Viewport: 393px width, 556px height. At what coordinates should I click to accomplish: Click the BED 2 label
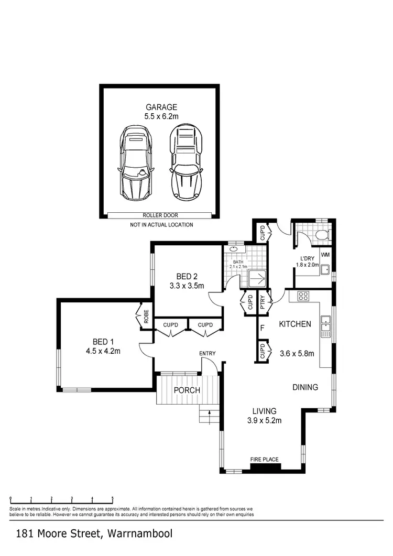[x=186, y=277]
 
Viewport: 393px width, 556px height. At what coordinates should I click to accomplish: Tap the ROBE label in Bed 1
[x=147, y=316]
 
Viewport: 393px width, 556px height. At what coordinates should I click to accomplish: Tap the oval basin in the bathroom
[x=233, y=249]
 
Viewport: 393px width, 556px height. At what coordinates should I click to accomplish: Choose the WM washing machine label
[x=325, y=255]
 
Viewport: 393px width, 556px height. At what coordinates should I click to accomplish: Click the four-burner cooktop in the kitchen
[x=303, y=296]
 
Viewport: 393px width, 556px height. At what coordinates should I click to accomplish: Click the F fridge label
[x=262, y=329]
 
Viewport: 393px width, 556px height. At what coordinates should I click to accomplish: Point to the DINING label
[x=305, y=388]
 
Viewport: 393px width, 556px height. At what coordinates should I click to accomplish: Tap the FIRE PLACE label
[x=264, y=460]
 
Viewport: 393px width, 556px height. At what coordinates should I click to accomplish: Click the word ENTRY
[x=207, y=354]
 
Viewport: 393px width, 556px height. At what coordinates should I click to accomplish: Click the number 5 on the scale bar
[x=112, y=500]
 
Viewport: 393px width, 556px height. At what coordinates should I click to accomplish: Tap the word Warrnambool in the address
[x=140, y=534]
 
